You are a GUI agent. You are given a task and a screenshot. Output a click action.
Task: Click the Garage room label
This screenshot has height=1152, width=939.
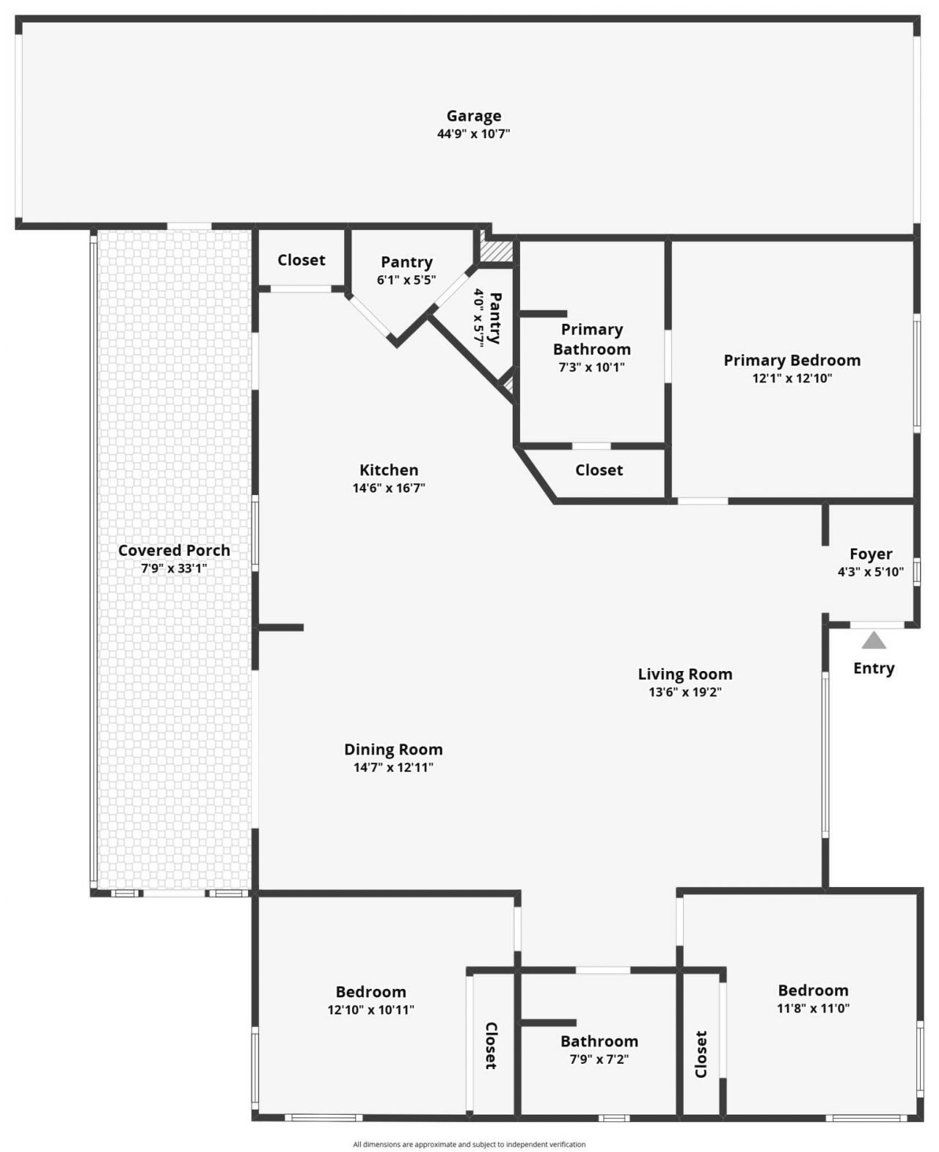pyautogui.click(x=474, y=116)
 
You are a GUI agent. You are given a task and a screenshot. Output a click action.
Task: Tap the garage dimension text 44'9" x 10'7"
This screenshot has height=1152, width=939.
pyautogui.click(x=474, y=134)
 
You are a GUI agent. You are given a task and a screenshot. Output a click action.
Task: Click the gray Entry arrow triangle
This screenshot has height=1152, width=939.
pyautogui.click(x=873, y=641)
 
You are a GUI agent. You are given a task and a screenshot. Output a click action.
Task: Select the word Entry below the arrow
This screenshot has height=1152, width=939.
pyautogui.click(x=874, y=668)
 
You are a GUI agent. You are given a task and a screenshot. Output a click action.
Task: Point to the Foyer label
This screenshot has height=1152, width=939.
pyautogui.click(x=871, y=554)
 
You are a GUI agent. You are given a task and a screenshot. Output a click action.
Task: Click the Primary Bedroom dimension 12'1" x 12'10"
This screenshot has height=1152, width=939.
pyautogui.click(x=792, y=379)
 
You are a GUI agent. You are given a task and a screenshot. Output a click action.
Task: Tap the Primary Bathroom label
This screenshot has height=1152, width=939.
pyautogui.click(x=592, y=339)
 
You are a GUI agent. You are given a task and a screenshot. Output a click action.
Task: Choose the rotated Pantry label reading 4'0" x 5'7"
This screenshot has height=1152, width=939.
pyautogui.click(x=488, y=317)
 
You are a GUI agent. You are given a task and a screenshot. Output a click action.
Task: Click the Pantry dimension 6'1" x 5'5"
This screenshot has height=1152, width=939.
pyautogui.click(x=406, y=280)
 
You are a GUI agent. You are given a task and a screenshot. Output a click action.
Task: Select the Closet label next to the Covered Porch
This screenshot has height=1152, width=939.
pyautogui.click(x=302, y=260)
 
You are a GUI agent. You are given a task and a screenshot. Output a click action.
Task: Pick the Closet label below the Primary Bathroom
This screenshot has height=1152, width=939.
pyautogui.click(x=599, y=470)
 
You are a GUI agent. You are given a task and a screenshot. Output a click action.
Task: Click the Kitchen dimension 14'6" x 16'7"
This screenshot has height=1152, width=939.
pyautogui.click(x=389, y=488)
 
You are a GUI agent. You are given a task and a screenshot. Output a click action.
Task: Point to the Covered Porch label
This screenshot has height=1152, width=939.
pyautogui.click(x=174, y=551)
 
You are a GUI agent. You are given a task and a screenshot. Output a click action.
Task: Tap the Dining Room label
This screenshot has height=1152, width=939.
pyautogui.click(x=393, y=750)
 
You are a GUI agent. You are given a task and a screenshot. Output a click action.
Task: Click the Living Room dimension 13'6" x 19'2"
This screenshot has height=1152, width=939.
pyautogui.click(x=685, y=692)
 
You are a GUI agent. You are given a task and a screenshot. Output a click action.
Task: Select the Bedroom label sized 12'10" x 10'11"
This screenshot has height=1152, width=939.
pyautogui.click(x=370, y=993)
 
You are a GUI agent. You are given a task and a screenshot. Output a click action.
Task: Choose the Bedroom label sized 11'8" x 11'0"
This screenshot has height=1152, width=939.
pyautogui.click(x=813, y=990)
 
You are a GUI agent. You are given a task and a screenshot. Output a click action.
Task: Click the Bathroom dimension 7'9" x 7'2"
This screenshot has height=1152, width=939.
pyautogui.click(x=599, y=1059)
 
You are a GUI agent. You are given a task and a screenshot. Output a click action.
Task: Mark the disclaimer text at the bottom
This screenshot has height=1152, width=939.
pyautogui.click(x=469, y=1144)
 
